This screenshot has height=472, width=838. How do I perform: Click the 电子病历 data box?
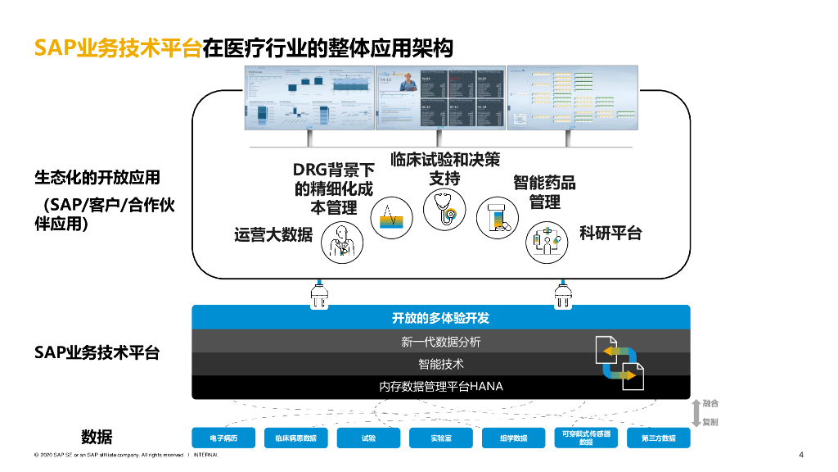click(223, 438)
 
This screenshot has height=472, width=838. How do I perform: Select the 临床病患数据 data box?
click(295, 438)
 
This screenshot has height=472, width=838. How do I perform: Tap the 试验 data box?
click(368, 438)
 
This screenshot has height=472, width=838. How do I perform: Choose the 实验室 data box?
click(440, 438)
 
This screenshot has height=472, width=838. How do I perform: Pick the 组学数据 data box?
click(514, 438)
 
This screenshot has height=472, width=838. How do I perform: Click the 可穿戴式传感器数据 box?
click(586, 438)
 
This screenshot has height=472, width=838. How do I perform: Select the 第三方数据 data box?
click(658, 438)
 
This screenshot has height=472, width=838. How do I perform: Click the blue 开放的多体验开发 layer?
click(440, 318)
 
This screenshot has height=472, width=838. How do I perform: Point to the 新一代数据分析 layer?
click(440, 342)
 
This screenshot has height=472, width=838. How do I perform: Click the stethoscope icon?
click(444, 211)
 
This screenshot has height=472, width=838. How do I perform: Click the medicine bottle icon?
click(497, 218)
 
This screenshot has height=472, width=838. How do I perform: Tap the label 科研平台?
click(610, 234)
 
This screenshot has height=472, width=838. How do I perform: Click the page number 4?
click(801, 456)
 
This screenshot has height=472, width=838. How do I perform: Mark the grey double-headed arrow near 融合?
click(696, 413)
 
